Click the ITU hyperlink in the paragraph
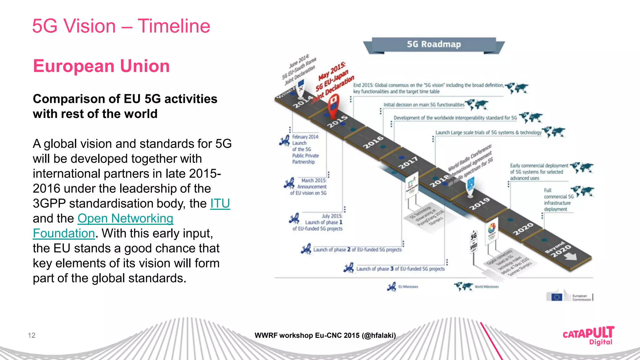tap(220, 203)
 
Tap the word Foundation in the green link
tap(64, 233)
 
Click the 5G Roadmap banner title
tap(434, 44)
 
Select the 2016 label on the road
tap(373, 142)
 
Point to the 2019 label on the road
tap(479, 204)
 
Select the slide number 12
tap(32, 335)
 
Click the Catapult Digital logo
tap(588, 335)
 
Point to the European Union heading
tap(101, 66)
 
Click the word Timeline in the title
tap(174, 26)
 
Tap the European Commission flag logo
tap(557, 297)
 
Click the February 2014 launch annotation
tap(305, 149)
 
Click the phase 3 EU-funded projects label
tap(400, 269)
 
